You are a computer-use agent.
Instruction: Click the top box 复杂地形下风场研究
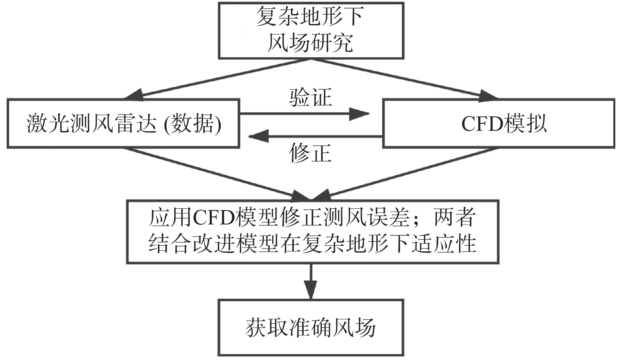(311, 30)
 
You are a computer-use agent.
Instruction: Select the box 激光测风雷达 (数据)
(123, 124)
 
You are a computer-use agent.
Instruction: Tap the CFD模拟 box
(498, 124)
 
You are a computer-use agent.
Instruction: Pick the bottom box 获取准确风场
(311, 328)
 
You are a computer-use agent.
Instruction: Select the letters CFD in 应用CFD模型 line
(215, 218)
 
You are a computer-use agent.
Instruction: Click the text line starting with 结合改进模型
(312, 243)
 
